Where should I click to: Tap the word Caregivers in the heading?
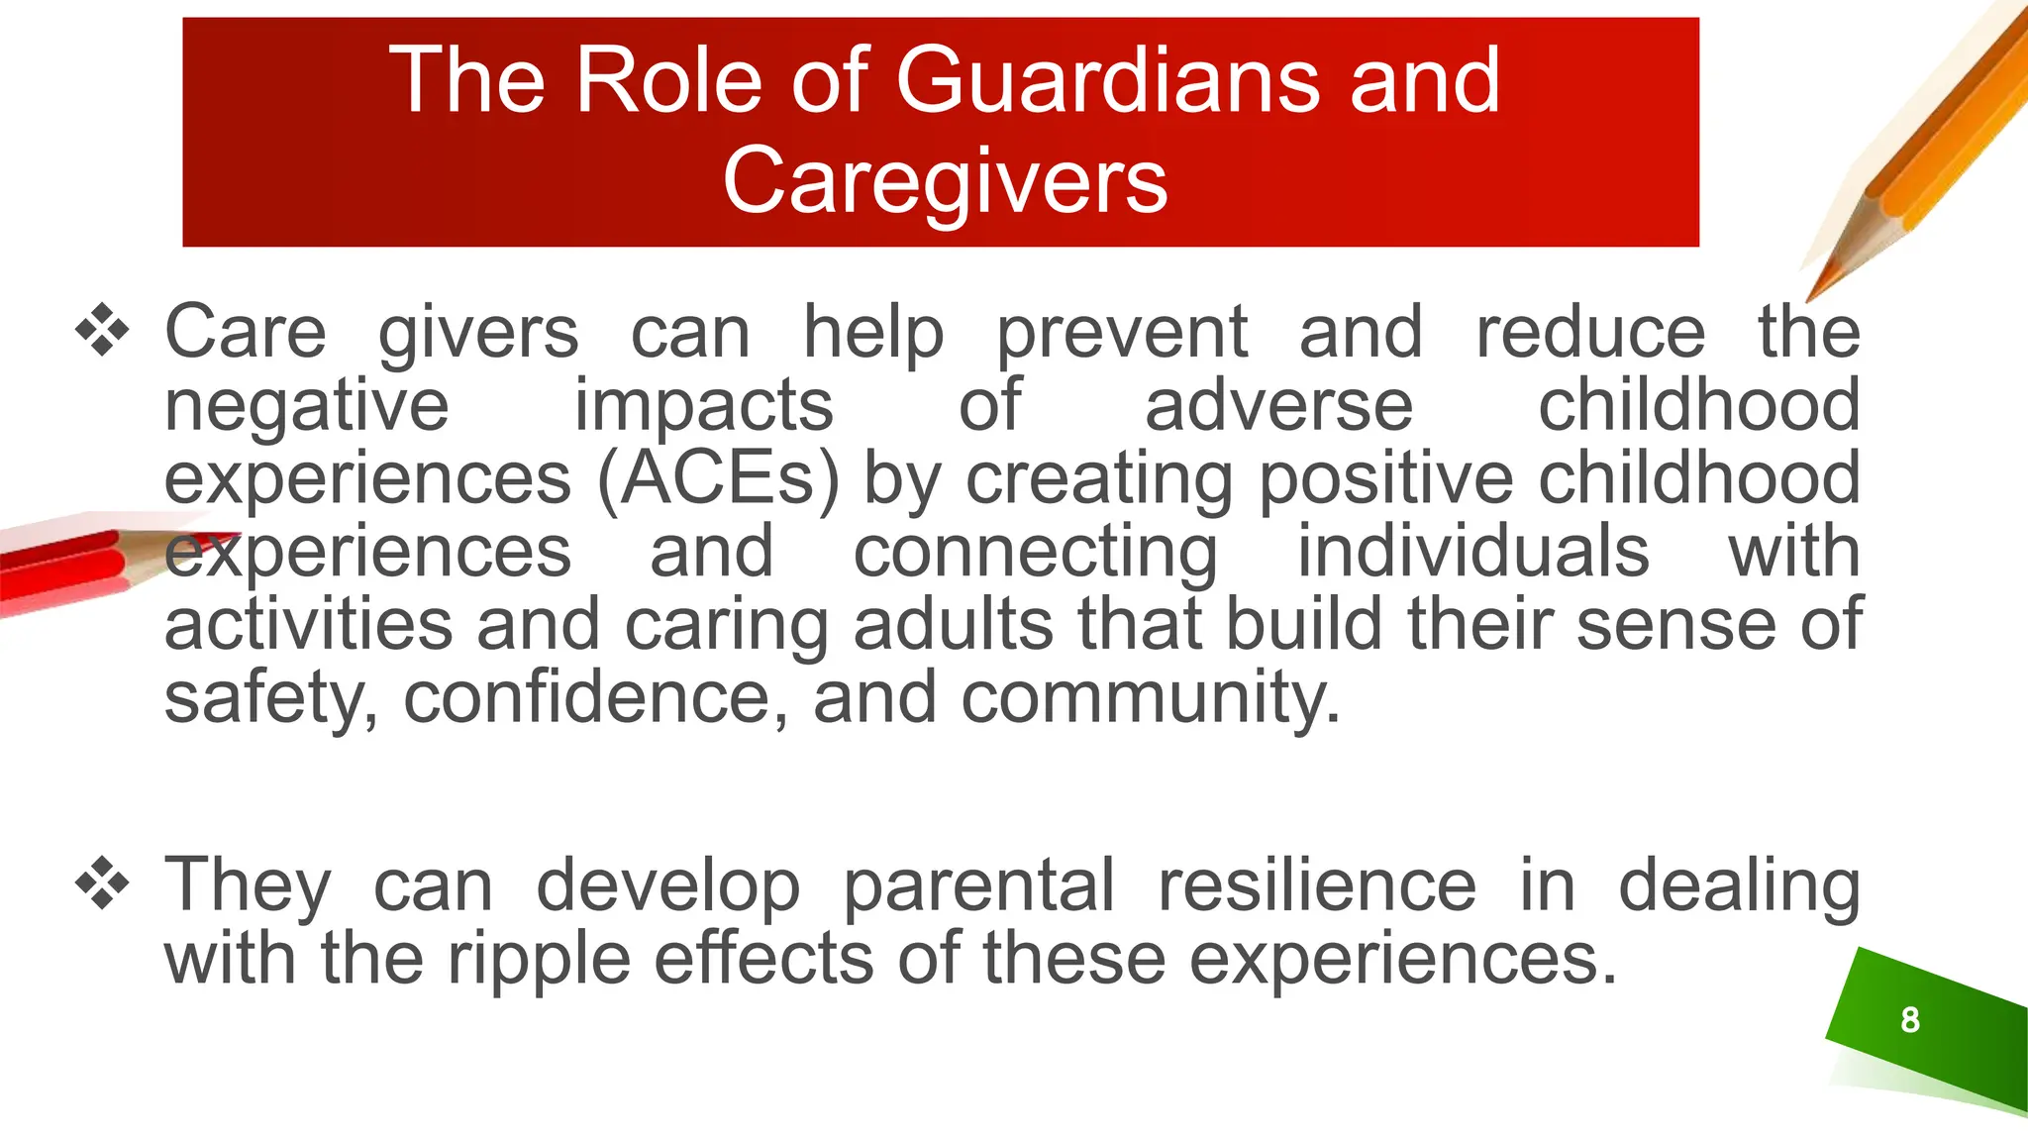(x=946, y=181)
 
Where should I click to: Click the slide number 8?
(x=1910, y=1019)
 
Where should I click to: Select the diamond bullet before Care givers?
(x=102, y=331)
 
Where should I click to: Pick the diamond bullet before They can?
(x=102, y=882)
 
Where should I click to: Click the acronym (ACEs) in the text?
(x=719, y=479)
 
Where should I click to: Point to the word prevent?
(x=1121, y=333)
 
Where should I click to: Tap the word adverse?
(x=1278, y=406)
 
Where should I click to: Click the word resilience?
(x=1317, y=884)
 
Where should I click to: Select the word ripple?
(x=539, y=961)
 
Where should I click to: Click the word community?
(x=1149, y=697)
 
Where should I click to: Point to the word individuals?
(x=1472, y=552)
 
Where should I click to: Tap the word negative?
(x=306, y=406)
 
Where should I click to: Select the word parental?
(x=978, y=884)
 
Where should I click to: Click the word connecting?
(x=1035, y=554)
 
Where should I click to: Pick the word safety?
(x=269, y=697)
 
